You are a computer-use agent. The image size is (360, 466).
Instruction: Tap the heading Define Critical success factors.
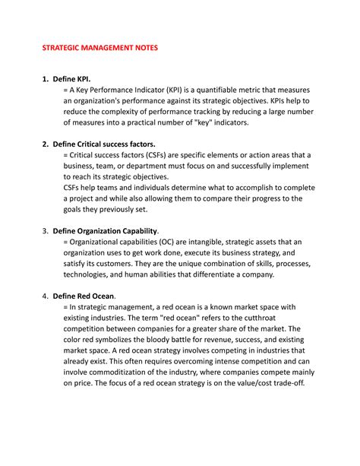103,144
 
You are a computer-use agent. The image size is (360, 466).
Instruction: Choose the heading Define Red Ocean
84,296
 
